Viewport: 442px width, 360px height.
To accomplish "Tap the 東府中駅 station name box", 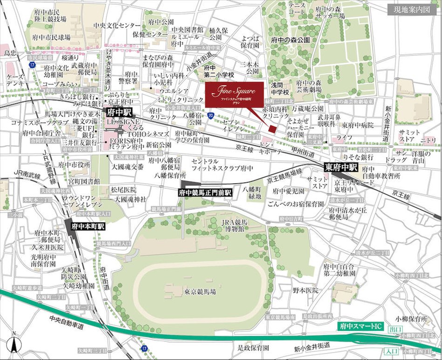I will coord(341,166).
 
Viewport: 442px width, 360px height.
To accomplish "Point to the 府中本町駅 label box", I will coord(88,226).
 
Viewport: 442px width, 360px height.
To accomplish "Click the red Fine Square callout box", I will coord(234,94).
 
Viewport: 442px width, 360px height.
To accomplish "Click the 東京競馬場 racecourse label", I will coord(200,292).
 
